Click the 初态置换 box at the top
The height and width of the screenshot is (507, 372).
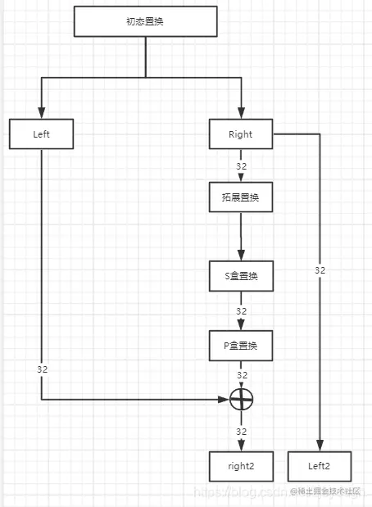[145, 21]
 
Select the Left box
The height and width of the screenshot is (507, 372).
[42, 134]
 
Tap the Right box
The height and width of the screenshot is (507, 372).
[241, 134]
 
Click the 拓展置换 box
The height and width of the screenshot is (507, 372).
[241, 197]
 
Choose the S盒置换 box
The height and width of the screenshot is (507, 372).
[241, 276]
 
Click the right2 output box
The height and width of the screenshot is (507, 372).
[241, 466]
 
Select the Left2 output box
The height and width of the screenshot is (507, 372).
[319, 466]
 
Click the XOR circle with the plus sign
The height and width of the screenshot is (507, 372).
[241, 400]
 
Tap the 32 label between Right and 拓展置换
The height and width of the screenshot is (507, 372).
[241, 166]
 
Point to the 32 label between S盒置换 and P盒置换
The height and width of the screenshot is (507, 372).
[241, 311]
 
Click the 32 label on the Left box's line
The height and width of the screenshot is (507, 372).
[43, 369]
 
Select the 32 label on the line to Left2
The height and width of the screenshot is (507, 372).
[320, 269]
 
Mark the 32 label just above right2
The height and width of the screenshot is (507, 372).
[241, 431]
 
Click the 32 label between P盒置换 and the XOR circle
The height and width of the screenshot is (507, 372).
[241, 375]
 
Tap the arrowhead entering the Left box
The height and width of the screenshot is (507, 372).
[42, 115]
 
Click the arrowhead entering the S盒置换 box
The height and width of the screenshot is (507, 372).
[241, 256]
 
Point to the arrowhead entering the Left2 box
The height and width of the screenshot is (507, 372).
[320, 446]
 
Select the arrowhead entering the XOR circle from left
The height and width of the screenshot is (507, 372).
[225, 400]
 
